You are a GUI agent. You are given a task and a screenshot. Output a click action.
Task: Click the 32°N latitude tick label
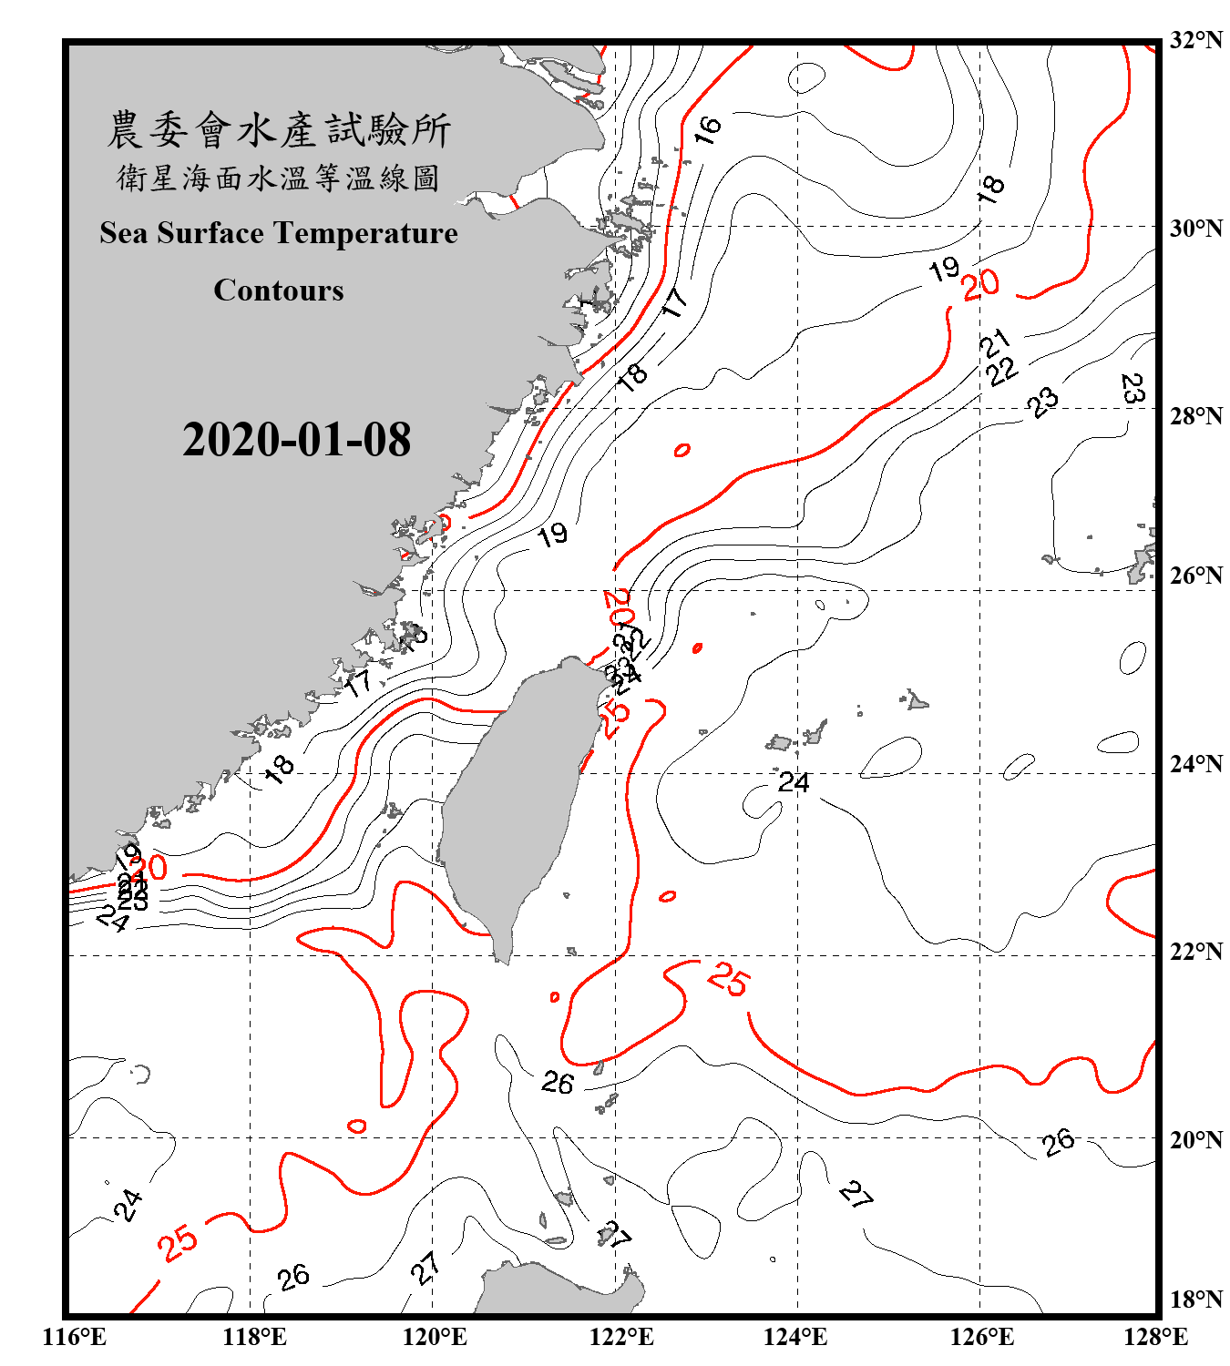coord(1195,40)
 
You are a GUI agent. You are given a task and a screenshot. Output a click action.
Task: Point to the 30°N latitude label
coord(1195,229)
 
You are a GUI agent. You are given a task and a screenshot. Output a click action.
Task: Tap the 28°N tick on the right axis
coord(1195,416)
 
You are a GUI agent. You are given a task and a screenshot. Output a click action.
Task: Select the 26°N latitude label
coord(1195,576)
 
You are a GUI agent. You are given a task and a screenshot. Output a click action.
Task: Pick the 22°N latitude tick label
coord(1195,952)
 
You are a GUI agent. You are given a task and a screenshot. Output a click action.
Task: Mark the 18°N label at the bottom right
coord(1195,1300)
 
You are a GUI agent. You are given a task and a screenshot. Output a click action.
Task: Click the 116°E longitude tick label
coord(74,1337)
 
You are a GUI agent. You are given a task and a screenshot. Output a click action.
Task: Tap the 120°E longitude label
coord(435,1337)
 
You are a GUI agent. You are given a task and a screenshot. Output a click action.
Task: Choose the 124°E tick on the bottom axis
coord(795,1337)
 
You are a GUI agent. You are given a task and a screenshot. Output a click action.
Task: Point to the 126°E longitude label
coord(981,1337)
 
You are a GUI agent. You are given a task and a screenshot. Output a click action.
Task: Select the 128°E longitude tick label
coord(1155,1337)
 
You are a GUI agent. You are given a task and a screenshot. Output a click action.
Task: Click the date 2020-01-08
coord(296,440)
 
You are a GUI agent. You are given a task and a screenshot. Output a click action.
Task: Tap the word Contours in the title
coord(279,291)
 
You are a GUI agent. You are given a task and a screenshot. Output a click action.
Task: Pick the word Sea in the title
coord(125,233)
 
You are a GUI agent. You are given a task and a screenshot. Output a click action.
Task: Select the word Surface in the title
coord(210,233)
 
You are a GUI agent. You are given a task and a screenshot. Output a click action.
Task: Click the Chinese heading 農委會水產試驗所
coord(279,130)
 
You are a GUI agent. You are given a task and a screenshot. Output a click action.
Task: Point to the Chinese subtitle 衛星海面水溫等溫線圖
coord(279,178)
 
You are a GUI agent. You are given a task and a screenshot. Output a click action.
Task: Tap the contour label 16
coord(707,129)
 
